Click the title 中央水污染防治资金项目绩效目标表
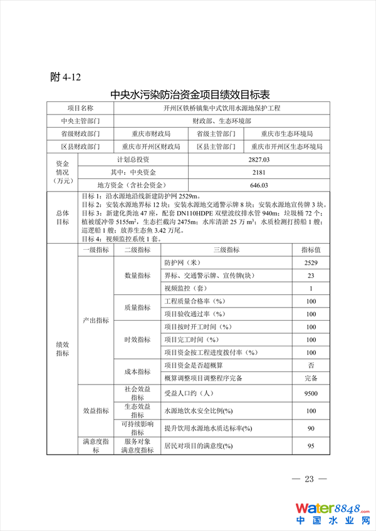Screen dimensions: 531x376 [190, 95]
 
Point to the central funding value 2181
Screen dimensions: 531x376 [258, 172]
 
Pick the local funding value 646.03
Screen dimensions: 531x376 [258, 185]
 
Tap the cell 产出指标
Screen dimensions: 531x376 [96, 320]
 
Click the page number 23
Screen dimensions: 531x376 [309, 480]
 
